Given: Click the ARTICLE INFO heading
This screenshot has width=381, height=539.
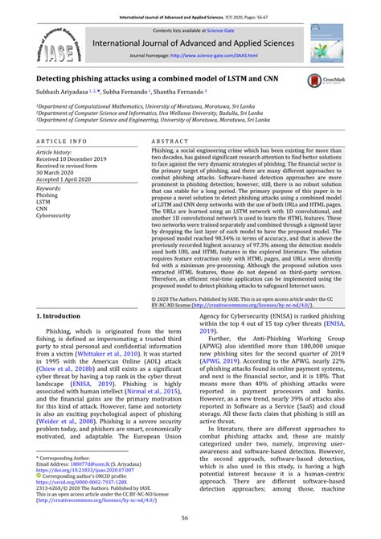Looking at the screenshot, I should click(63, 140).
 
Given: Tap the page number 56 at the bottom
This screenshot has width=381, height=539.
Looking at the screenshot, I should click(190, 520).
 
